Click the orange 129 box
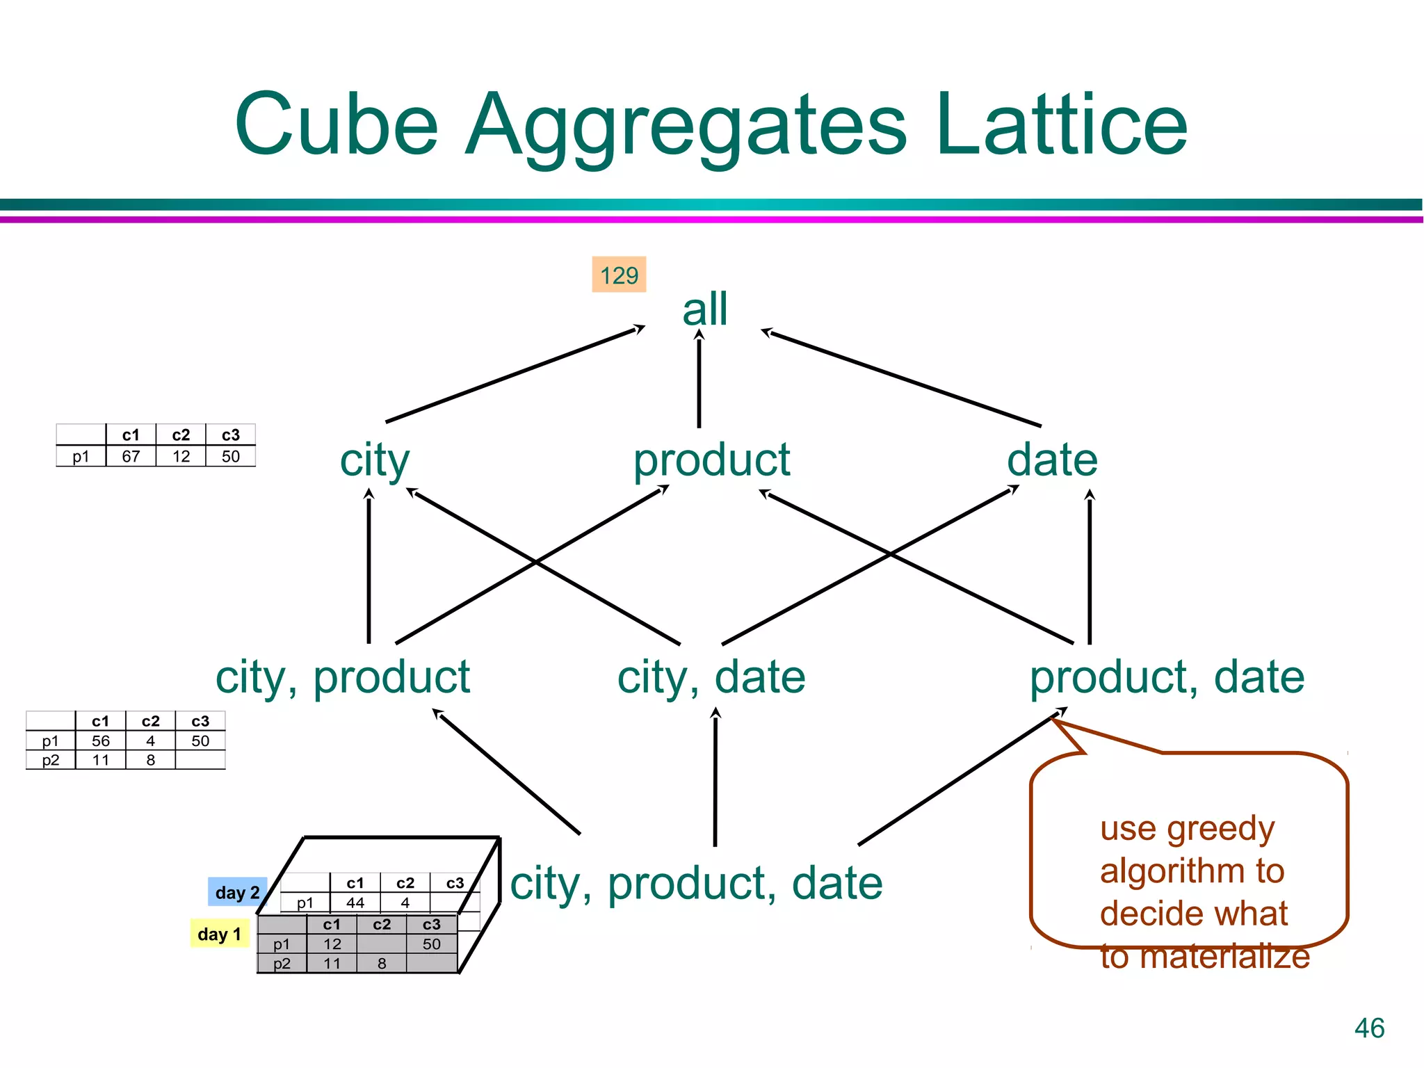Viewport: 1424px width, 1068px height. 619,275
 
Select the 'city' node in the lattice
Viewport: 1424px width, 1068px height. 375,461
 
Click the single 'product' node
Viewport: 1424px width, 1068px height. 711,461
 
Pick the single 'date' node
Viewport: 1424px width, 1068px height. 1052,460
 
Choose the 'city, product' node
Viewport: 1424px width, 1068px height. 343,677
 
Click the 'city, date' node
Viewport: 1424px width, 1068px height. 711,677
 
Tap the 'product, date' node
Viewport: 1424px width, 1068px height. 1167,677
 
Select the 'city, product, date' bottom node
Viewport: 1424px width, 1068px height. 696,884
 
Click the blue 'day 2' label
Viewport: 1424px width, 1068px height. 237,892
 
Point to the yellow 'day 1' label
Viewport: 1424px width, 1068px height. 219,934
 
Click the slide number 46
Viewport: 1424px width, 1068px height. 1369,1028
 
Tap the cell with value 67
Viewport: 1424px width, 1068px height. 131,456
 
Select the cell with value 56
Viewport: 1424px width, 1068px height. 101,741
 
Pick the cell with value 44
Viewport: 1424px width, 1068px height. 355,903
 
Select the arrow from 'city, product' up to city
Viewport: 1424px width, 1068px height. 369,567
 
